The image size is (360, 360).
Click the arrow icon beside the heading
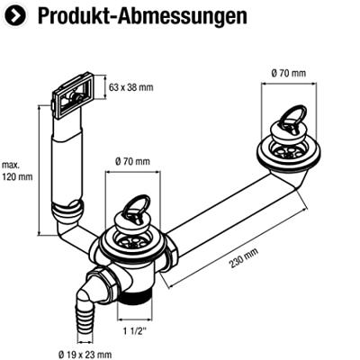15,16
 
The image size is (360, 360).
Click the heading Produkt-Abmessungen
142,15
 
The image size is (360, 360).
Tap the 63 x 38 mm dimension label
131,87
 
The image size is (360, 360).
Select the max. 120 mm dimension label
17,171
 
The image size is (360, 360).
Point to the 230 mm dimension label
244,258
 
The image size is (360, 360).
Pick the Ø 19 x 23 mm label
85,355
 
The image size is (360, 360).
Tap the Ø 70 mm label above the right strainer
289,73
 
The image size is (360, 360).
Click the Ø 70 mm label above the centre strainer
132,161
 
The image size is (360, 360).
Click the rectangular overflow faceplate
74,94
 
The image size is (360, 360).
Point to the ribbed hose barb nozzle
86,312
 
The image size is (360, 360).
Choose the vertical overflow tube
67,162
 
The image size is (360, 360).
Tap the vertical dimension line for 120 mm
39,170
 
